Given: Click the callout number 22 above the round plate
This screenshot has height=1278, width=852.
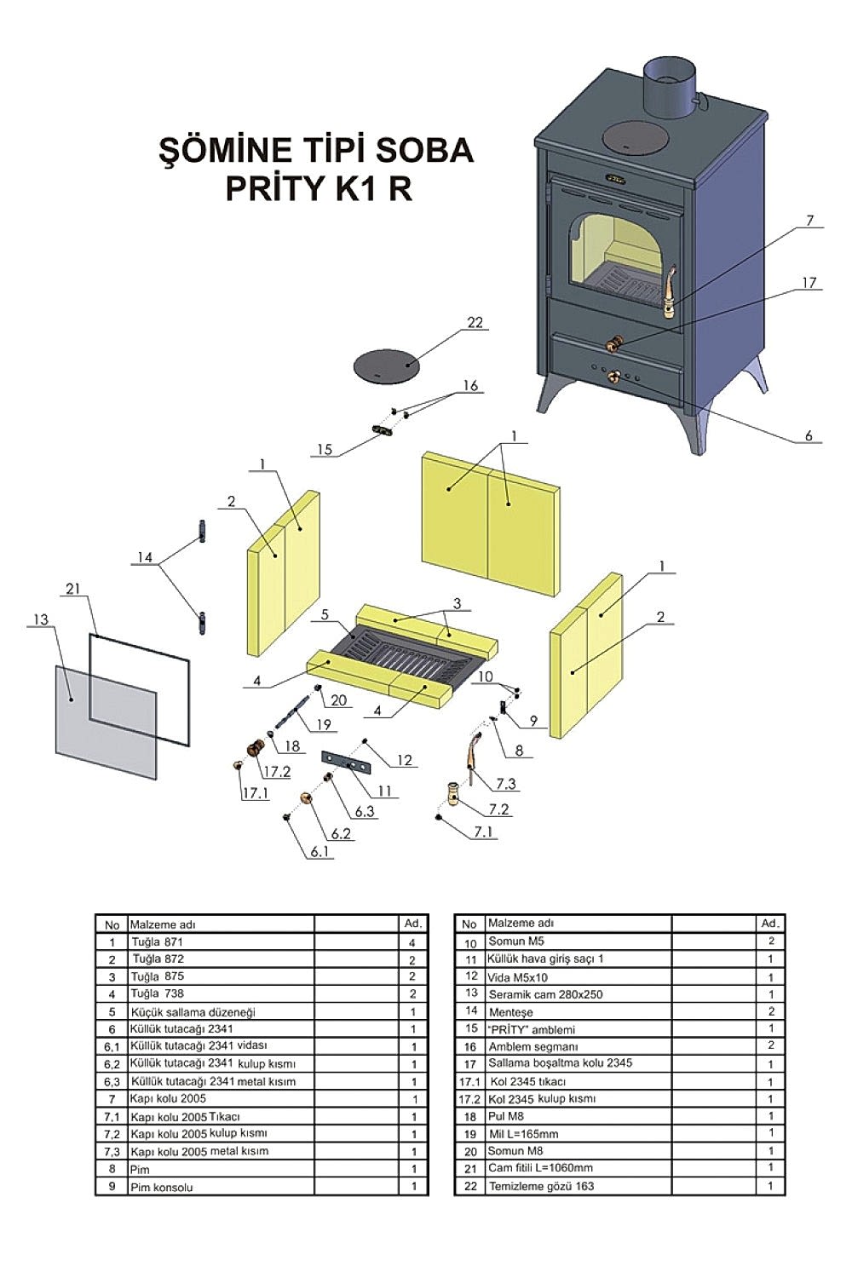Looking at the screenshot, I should (x=475, y=321).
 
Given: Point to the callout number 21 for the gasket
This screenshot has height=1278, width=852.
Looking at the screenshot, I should (x=72, y=590).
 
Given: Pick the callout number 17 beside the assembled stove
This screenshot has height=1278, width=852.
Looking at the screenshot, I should (x=809, y=283).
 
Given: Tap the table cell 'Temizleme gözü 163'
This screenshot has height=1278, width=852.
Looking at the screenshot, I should (x=541, y=1186).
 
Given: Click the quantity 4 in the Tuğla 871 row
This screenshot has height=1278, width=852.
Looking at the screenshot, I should (x=412, y=942).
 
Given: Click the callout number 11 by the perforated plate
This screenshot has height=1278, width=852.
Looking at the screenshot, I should (x=384, y=792).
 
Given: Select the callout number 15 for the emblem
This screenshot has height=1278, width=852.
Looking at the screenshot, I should (x=324, y=449).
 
